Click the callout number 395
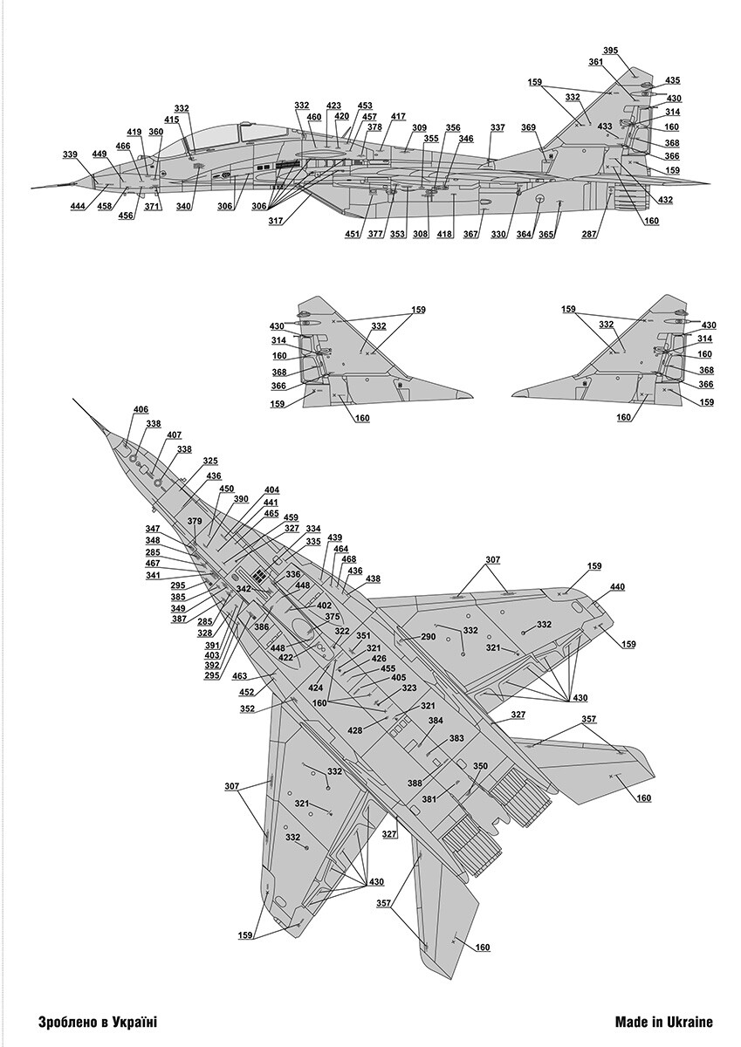(610, 51)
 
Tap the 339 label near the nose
(70, 154)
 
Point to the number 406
(141, 410)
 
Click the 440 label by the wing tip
(618, 587)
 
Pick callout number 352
(248, 708)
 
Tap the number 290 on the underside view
(428, 637)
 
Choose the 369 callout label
(529, 128)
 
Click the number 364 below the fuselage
(524, 233)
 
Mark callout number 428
(355, 729)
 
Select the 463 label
(239, 675)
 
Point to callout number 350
(480, 766)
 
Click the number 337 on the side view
(497, 128)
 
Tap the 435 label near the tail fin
(673, 80)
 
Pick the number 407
(174, 435)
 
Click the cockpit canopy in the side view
(214, 136)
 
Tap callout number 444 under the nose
(78, 206)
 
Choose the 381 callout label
(429, 798)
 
